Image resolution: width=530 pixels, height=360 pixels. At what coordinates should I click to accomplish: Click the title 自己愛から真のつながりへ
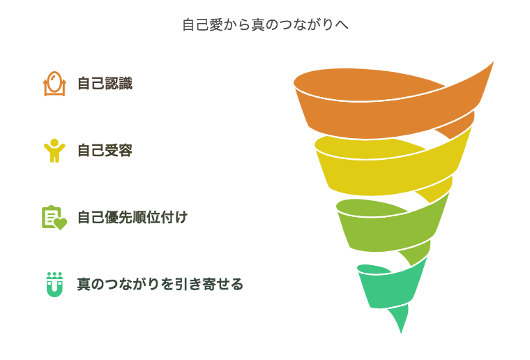point(265,24)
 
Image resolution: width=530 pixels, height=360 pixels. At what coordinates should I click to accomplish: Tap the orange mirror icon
point(54,84)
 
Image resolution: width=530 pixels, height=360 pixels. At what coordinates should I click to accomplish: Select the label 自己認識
point(105,84)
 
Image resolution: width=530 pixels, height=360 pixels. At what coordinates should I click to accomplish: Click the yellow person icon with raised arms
point(54,151)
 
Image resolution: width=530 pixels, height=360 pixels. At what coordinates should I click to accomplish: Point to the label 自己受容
point(105,151)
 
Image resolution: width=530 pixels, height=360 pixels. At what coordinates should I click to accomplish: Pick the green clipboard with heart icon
point(54,218)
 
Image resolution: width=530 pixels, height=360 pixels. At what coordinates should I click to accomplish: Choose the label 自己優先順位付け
point(132,218)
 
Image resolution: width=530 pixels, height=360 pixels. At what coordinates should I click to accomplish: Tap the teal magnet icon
point(54,285)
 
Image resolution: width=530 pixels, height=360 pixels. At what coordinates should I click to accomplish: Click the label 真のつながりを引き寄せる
point(160,284)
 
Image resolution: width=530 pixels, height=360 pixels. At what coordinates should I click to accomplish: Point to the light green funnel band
point(388,230)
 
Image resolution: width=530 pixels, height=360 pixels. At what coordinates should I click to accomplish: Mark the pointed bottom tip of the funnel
point(401,333)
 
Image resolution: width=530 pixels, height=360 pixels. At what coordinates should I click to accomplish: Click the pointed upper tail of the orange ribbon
point(494,62)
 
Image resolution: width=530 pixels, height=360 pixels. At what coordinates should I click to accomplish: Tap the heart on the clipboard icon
point(60,224)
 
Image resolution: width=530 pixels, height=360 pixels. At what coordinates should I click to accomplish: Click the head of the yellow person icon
point(54,143)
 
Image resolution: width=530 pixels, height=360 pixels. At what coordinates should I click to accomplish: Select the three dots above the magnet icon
point(54,274)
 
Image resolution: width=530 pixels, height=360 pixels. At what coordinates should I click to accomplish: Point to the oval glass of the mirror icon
point(54,82)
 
